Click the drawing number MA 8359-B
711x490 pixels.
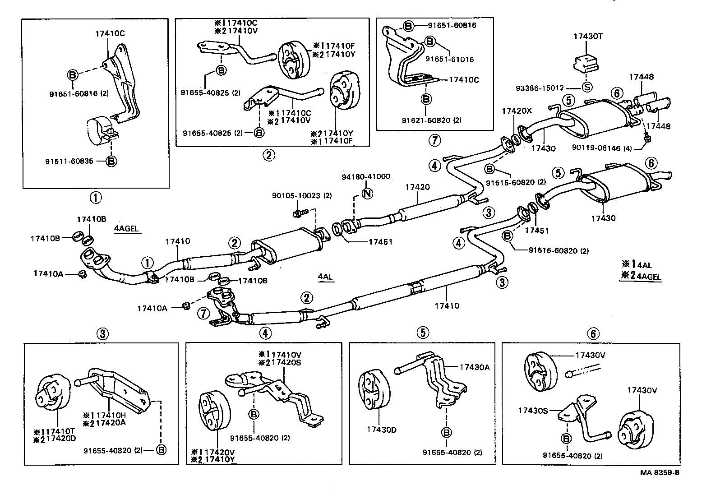pos(660,472)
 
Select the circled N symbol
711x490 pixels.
pos(367,194)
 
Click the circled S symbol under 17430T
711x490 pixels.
pos(587,88)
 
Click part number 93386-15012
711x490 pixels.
pos(540,88)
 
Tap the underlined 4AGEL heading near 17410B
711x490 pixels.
pos(126,229)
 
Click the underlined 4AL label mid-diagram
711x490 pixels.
pos(325,277)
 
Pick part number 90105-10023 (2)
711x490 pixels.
pos(302,196)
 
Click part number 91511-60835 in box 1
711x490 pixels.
pos(69,161)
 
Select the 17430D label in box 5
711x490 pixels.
pos(381,430)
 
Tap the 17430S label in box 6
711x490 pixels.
pos(533,410)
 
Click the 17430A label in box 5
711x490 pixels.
pos(474,367)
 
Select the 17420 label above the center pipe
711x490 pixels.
pos(417,187)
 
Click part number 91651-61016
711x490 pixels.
pos(449,59)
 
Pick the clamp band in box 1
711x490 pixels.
pos(98,132)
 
